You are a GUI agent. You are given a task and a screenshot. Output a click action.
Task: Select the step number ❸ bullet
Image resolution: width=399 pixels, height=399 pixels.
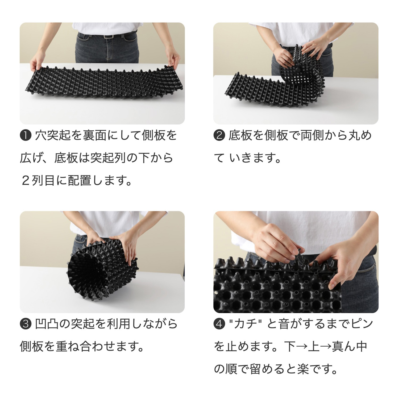click(x=26, y=324)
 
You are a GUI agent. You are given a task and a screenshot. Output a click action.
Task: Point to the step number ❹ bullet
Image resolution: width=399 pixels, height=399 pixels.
click(x=219, y=324)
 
